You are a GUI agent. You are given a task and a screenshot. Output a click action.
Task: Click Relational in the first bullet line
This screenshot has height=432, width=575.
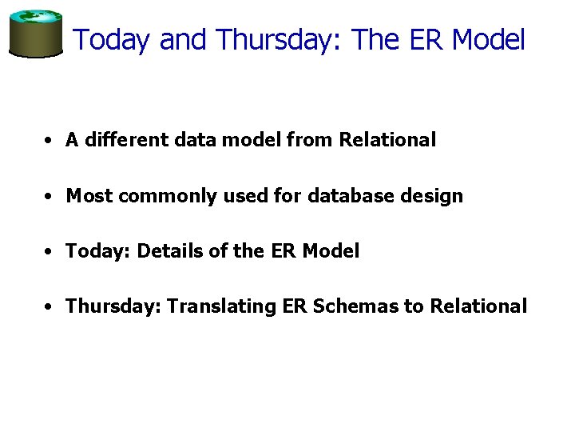[x=387, y=140]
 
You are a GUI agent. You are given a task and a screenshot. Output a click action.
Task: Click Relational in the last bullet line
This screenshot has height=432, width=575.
[x=478, y=306]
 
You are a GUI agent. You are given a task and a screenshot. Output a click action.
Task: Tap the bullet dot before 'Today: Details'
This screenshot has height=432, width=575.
[x=50, y=252]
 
